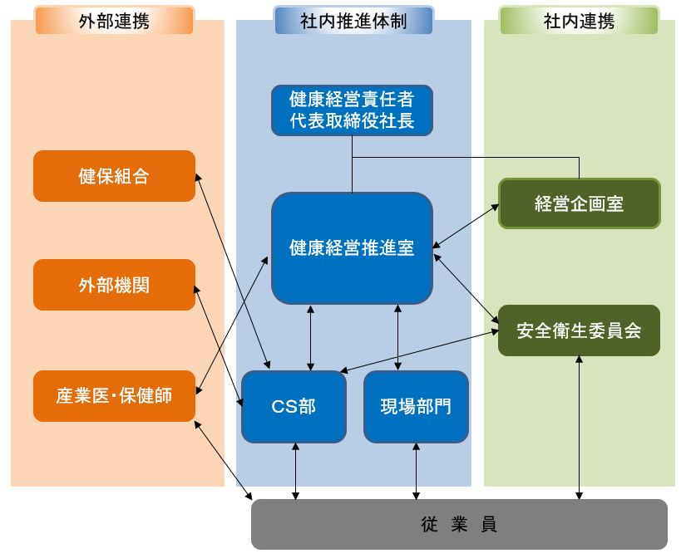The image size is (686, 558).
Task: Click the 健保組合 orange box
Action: coord(114,176)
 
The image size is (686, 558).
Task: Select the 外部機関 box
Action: coord(114,285)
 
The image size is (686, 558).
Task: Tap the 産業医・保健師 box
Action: coord(114,395)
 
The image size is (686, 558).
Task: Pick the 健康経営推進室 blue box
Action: coord(352,247)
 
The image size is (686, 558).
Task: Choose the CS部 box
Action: coord(294,406)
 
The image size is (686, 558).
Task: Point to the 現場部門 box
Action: coord(416,406)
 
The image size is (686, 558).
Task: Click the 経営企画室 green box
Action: coord(579,203)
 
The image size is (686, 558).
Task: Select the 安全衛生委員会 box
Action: coord(579,330)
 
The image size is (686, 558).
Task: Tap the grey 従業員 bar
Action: coord(459,524)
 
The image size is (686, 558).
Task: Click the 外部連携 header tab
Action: coord(114,21)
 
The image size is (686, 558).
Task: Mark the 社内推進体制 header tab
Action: coord(353,21)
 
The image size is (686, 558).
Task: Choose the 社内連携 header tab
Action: coord(579,21)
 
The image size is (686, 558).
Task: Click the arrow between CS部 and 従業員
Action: coord(295,471)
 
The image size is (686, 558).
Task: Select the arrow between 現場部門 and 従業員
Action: coord(416,471)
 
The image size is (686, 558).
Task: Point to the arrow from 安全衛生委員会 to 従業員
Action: coord(579,428)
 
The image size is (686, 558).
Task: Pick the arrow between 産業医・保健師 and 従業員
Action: coord(225,461)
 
